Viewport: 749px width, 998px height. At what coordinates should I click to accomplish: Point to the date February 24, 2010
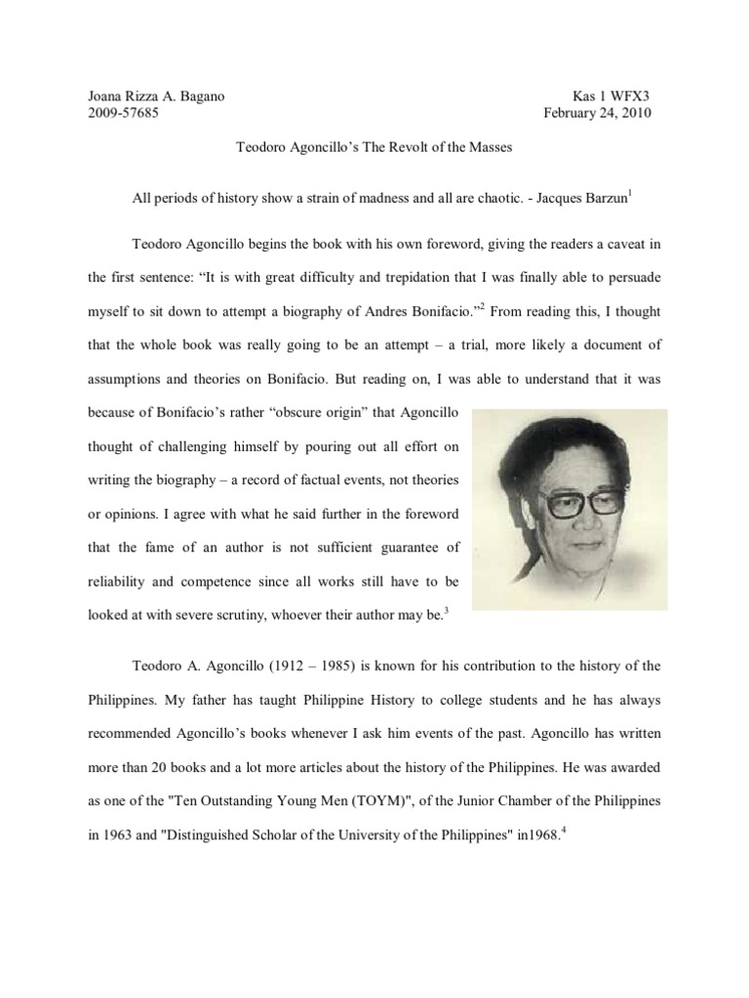coord(597,113)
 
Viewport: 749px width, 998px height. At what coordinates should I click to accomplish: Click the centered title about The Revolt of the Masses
coord(374,147)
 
